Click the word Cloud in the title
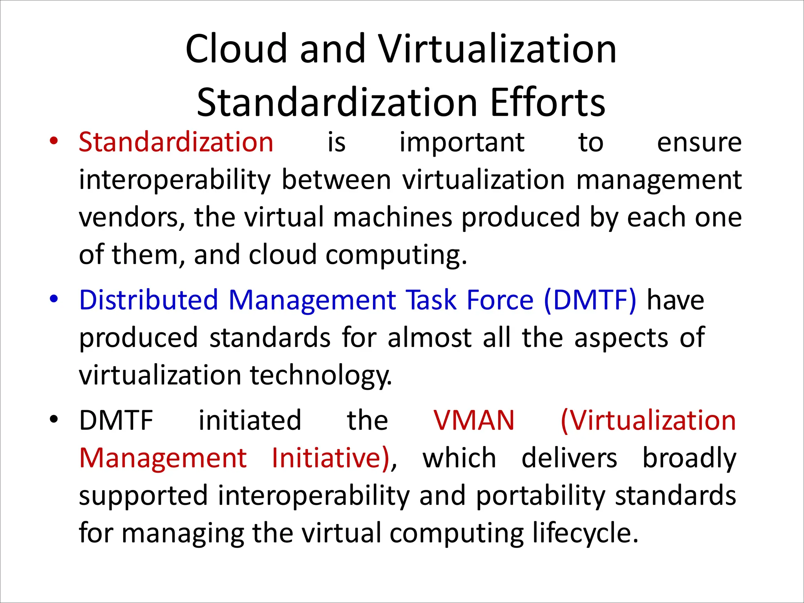tap(236, 49)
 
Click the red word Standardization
tap(176, 142)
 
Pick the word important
tap(462, 142)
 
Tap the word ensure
tap(699, 142)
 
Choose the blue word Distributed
tap(148, 300)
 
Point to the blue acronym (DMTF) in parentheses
tap(590, 300)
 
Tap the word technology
tap(320, 375)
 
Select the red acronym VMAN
tap(474, 420)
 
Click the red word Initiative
tap(331, 458)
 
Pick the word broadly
tap(689, 458)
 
